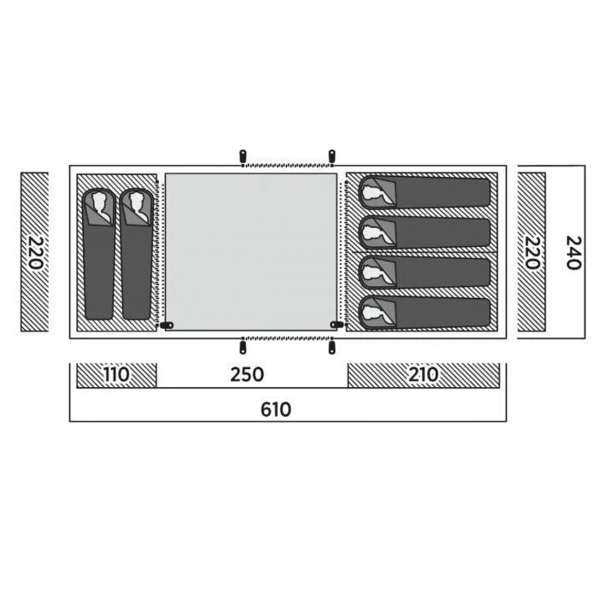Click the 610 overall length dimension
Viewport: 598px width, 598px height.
[x=276, y=409]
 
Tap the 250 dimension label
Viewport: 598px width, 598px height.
[x=247, y=374]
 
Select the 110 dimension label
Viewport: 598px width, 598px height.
[x=116, y=374]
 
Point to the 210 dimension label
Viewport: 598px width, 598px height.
[x=424, y=374]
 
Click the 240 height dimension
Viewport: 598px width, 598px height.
[x=573, y=253]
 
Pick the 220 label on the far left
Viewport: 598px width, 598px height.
[x=36, y=253]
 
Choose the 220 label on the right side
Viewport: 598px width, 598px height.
[x=532, y=253]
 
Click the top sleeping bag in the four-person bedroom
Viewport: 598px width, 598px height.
[x=425, y=192]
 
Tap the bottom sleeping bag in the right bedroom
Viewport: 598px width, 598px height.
[x=425, y=313]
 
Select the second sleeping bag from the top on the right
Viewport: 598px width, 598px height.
[x=425, y=232]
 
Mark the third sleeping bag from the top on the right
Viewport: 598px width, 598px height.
[x=425, y=273]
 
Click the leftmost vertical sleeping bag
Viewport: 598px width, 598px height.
[x=99, y=254]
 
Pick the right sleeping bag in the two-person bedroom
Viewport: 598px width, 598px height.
[x=137, y=254]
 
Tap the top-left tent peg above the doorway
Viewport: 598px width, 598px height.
[x=243, y=156]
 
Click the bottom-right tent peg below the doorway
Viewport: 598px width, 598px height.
[x=331, y=348]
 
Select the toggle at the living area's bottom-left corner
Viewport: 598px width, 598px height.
[x=167, y=325]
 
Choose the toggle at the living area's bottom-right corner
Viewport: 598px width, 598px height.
[x=337, y=325]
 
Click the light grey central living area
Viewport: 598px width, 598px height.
[x=251, y=252]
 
